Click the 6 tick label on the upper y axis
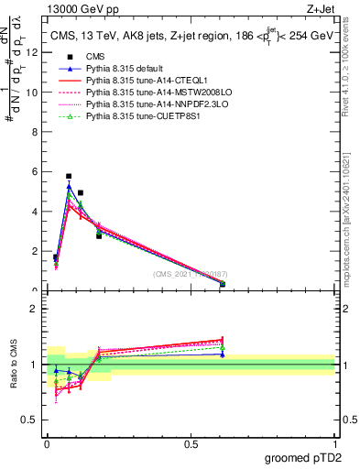coord(34,171)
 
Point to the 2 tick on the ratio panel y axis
coord(34,309)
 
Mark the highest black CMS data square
coord(69,176)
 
